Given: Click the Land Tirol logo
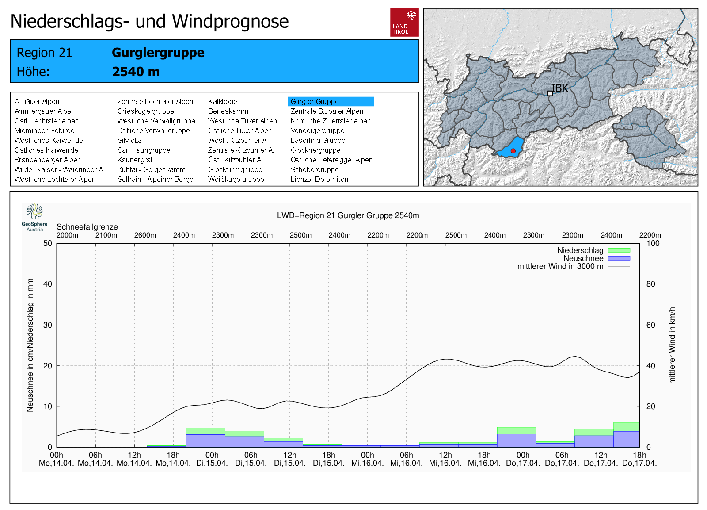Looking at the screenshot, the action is coord(404,22).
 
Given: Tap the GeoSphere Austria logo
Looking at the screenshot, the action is coord(35,218).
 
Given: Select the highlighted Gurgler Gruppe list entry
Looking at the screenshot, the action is coord(331,101).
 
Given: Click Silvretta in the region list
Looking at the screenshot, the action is coord(129,140).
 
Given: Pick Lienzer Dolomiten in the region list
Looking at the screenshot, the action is coord(319,179).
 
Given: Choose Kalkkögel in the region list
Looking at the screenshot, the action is coord(223,101).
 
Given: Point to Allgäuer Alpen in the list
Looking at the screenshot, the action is coord(37,101).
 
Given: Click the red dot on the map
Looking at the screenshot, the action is coord(513,151).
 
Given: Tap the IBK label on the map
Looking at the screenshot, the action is coord(559,88).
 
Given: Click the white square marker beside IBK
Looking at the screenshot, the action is coord(550,93).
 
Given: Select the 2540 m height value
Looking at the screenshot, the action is coord(136,71).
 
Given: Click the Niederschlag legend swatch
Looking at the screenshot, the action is coord(619,250).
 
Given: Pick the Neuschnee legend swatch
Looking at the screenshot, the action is coord(619,258).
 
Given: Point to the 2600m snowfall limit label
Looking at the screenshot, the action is coord(145,235).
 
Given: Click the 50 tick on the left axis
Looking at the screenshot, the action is coord(48,243).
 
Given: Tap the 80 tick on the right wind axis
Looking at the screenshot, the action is coord(650,284).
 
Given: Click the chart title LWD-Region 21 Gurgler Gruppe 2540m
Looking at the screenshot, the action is coord(348,215).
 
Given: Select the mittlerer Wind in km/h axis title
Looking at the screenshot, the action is coord(672,345).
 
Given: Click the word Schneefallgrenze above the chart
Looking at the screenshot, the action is coord(87,227).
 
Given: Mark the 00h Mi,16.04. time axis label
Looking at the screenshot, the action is coord(367,459).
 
